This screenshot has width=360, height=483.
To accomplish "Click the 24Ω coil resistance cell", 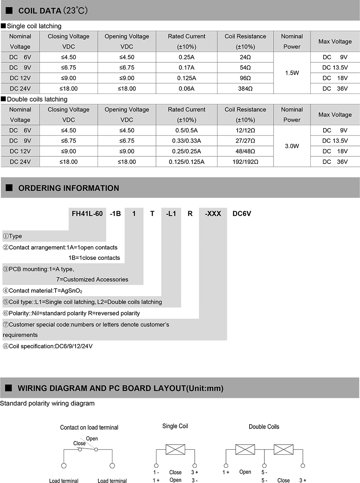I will tap(245, 57).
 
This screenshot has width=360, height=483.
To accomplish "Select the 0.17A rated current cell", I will tap(186, 68).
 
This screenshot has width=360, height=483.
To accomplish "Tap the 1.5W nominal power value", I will tap(292, 73).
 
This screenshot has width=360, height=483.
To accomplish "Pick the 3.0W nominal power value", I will tap(292, 146).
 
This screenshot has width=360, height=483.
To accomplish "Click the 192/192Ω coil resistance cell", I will tap(245, 162).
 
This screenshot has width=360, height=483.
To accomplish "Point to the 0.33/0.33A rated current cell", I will tap(186, 141).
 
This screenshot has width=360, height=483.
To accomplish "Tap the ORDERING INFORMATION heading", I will tap(68, 188).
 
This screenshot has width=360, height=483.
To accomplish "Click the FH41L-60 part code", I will tap(88, 214).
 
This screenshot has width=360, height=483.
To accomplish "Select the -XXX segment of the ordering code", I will tap(213, 214).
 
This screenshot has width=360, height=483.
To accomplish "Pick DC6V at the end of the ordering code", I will tap(242, 214).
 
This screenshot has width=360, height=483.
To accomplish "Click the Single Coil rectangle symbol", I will tap(175, 449).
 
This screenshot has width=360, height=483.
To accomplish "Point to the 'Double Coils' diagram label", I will tap(264, 427).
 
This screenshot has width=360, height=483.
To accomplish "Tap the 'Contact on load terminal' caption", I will tap(89, 427).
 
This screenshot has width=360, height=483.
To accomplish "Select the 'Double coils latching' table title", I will tap(37, 99).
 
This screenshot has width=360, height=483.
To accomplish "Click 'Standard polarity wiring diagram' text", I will tap(48, 403).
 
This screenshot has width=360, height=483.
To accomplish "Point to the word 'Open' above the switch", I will tap(92, 439).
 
